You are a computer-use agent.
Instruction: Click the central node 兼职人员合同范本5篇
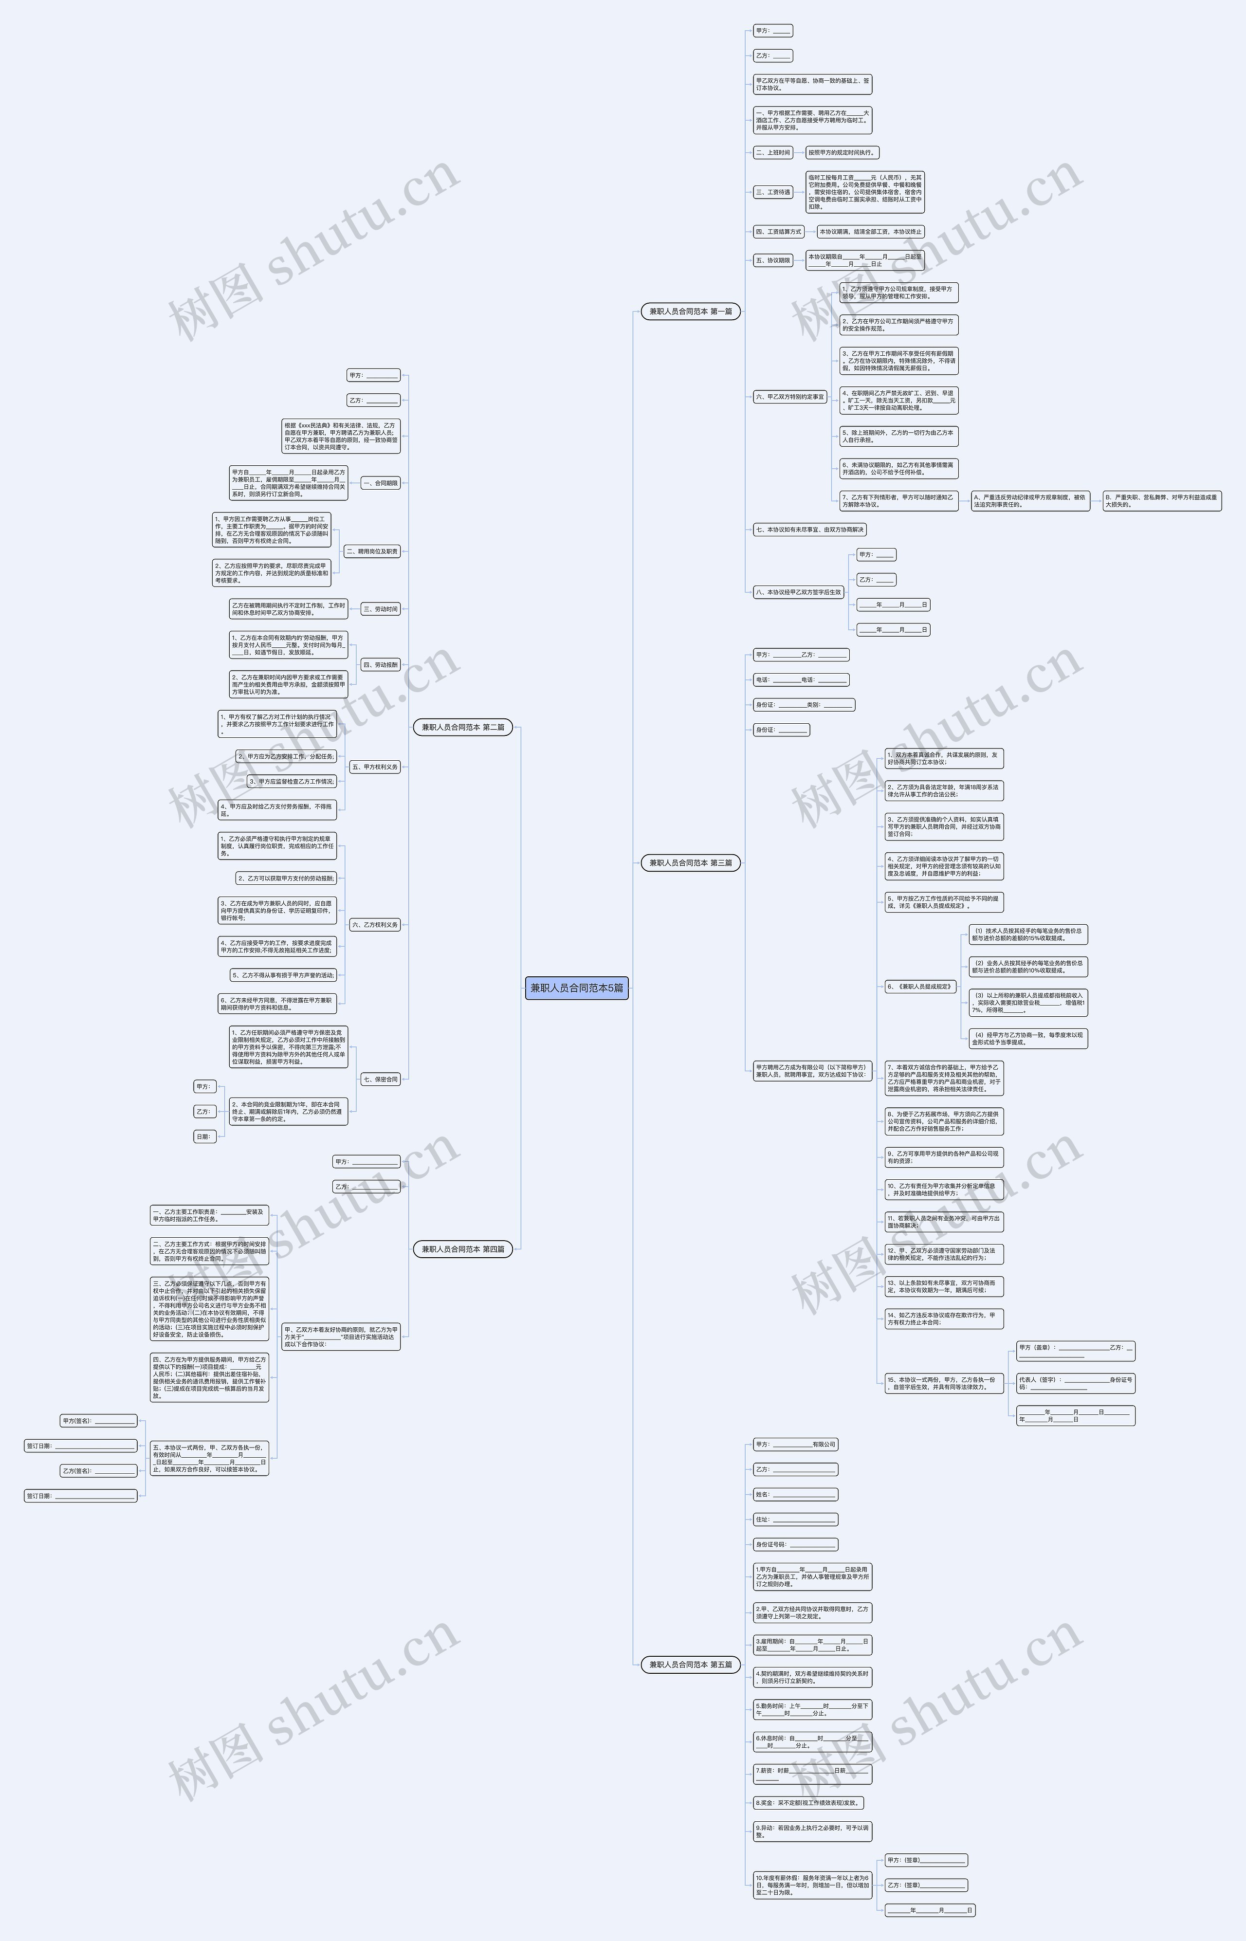point(576,988)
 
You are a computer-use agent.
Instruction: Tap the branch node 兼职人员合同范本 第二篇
point(463,727)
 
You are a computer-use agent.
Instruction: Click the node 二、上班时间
point(773,152)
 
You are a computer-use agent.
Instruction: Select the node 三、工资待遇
point(773,193)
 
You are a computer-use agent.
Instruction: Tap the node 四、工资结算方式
point(778,231)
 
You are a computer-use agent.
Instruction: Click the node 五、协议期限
point(773,260)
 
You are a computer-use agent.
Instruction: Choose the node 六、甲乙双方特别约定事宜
point(789,397)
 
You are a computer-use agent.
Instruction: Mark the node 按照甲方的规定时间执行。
point(842,152)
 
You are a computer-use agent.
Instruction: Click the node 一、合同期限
point(380,483)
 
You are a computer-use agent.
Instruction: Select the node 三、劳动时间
point(380,609)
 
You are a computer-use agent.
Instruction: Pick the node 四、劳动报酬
point(380,665)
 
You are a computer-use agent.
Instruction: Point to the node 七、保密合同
point(380,1080)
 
